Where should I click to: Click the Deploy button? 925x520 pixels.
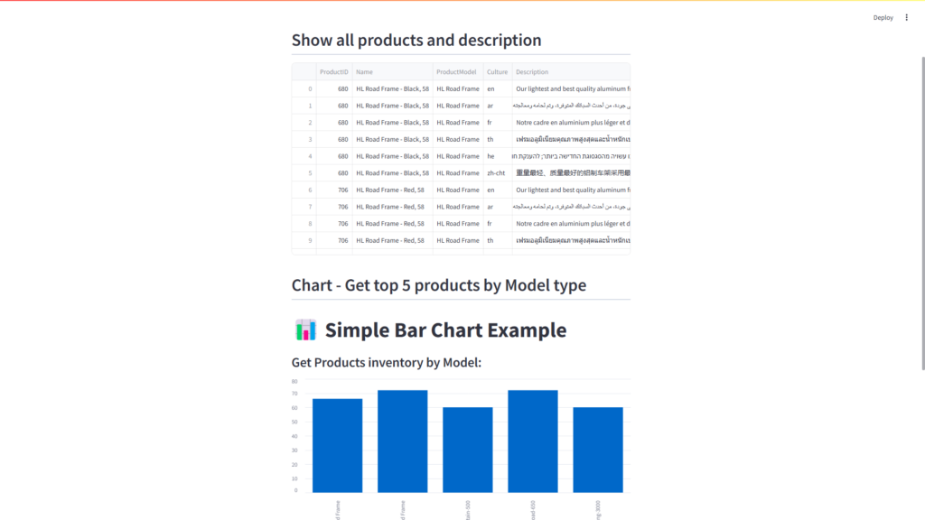(x=883, y=17)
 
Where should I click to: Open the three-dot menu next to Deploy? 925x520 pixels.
(x=907, y=17)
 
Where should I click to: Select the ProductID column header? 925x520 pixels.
(x=333, y=72)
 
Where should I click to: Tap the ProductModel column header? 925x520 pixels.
(x=456, y=72)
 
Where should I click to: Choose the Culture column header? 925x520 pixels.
(x=497, y=72)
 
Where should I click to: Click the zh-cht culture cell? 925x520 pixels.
(x=496, y=173)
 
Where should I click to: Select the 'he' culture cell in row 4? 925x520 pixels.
(x=491, y=156)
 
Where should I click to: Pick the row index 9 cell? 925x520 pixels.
(x=310, y=241)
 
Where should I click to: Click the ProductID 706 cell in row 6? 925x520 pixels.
(x=342, y=190)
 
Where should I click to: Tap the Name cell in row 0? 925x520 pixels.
(x=392, y=89)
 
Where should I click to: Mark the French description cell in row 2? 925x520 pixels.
(x=572, y=123)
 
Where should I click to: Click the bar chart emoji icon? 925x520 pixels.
(x=305, y=330)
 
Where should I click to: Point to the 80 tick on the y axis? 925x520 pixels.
(x=294, y=381)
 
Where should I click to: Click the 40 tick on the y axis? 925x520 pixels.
(x=294, y=436)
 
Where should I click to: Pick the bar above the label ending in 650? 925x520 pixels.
(x=532, y=441)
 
